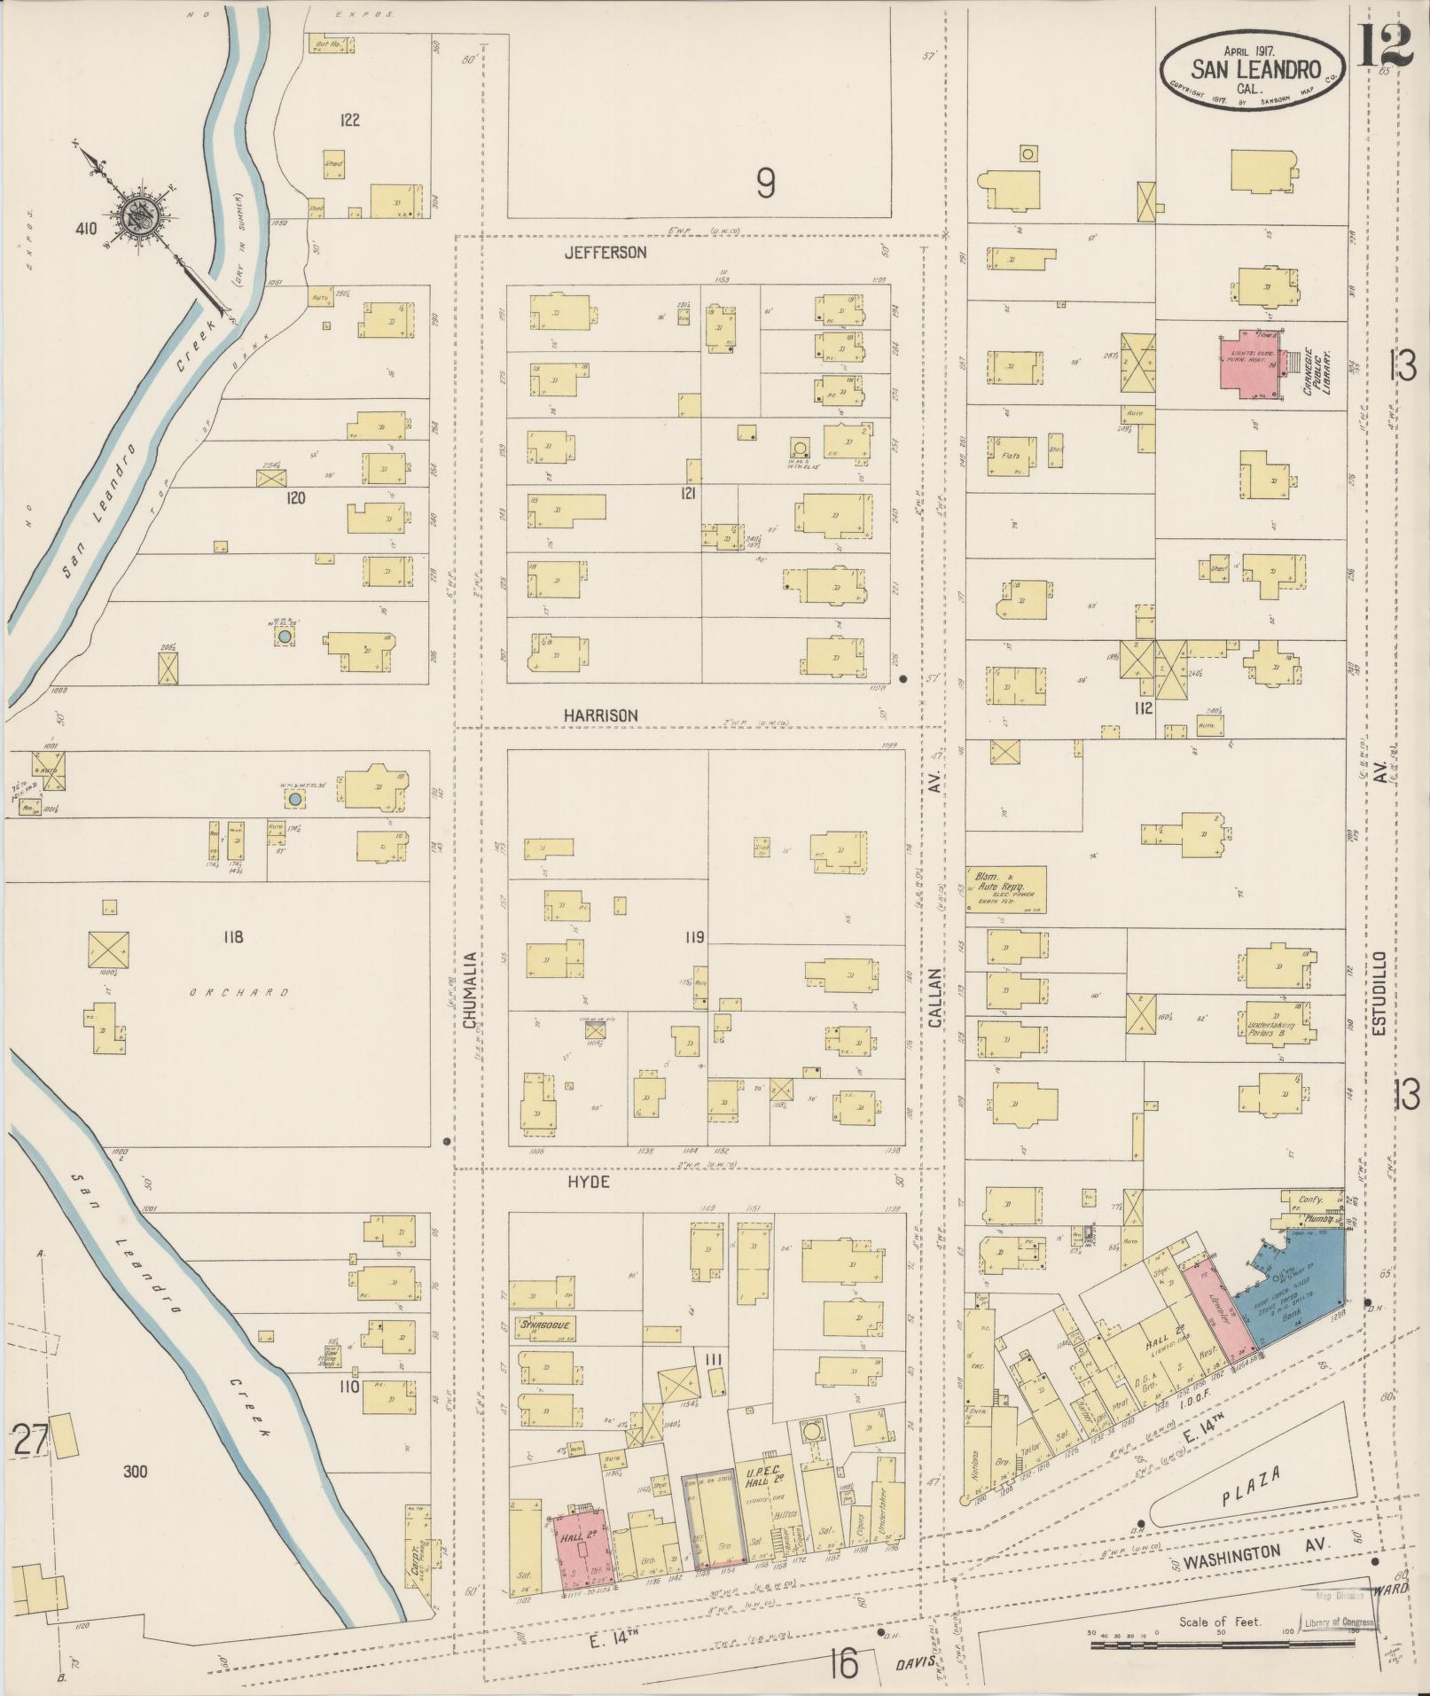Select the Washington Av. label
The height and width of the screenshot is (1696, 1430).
tap(1241, 1553)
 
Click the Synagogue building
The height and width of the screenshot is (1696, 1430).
tap(543, 1327)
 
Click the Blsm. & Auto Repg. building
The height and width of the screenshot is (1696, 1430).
tap(1005, 889)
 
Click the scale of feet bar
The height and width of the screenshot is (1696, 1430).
tap(1231, 1645)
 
